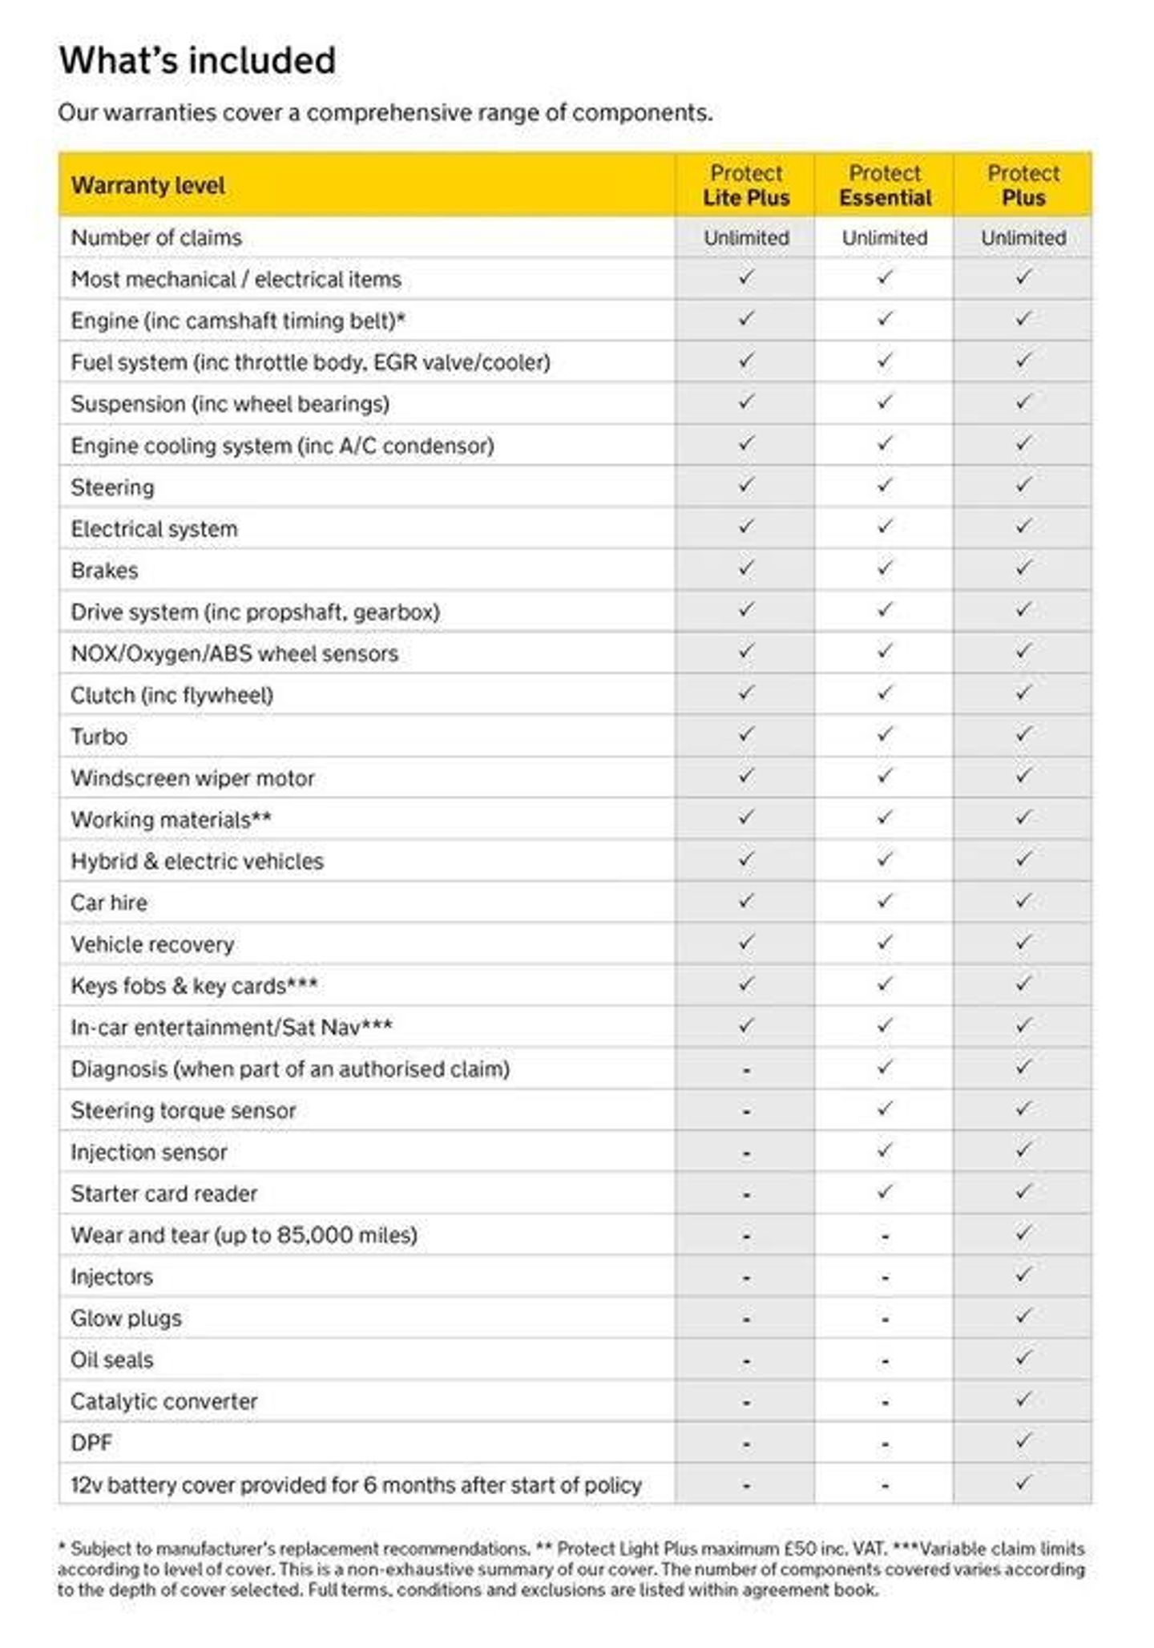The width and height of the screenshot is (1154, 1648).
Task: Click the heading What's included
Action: point(197,61)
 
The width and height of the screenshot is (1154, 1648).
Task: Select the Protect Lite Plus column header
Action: point(745,185)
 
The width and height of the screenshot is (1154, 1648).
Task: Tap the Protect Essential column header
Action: point(885,185)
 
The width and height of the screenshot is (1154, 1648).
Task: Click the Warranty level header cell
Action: point(148,186)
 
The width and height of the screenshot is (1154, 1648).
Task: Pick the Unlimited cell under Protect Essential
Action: point(885,238)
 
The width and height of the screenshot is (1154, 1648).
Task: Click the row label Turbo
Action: point(99,737)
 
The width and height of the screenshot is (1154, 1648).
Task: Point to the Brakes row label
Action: point(104,571)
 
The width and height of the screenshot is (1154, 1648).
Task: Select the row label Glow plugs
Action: point(126,1319)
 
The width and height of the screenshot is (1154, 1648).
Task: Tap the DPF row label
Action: point(91,1443)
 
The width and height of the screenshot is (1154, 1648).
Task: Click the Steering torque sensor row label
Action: point(183,1111)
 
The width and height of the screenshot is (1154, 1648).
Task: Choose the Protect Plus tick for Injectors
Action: point(1023,1275)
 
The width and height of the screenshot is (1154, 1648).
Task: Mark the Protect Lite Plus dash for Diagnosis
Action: point(746,1071)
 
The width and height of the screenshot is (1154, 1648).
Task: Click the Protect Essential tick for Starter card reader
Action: point(885,1192)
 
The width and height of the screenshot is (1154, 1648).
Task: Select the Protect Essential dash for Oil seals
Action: point(885,1362)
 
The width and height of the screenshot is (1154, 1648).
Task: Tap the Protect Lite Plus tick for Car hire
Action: point(746,901)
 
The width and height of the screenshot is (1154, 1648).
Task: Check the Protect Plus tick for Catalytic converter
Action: point(1023,1400)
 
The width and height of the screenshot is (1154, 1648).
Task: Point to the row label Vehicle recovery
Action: point(152,944)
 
